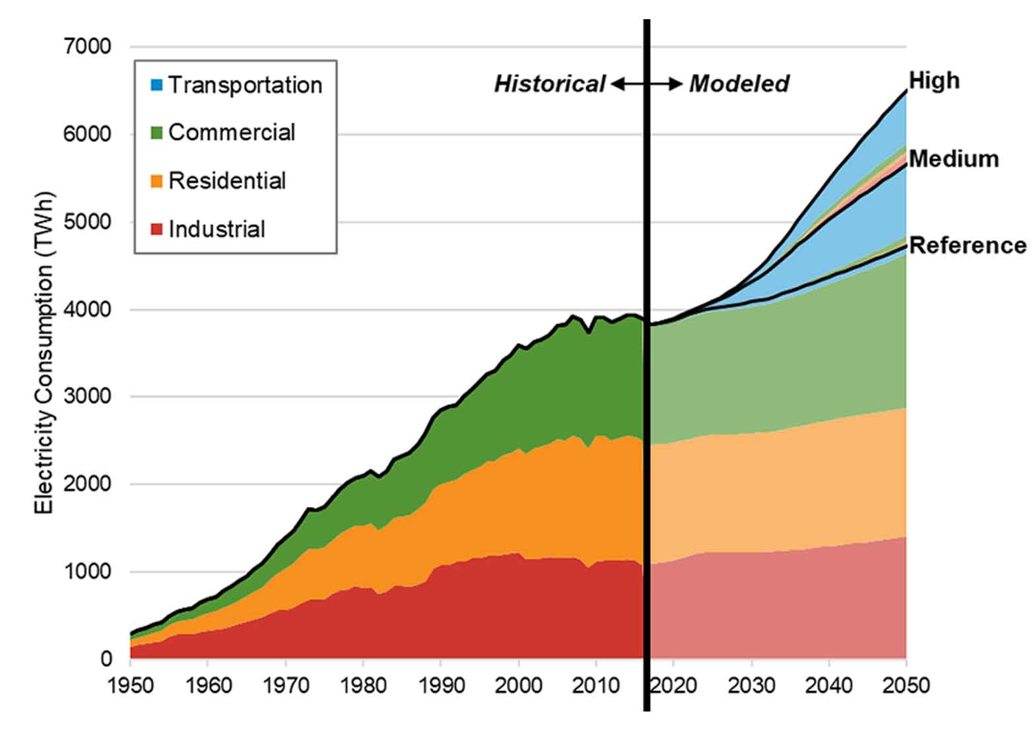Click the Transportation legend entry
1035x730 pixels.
tap(245, 85)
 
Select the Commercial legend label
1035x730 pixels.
tap(232, 133)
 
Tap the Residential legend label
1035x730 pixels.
tap(227, 181)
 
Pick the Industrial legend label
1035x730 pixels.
tap(217, 229)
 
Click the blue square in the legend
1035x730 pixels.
tap(156, 85)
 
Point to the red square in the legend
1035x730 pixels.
tap(156, 229)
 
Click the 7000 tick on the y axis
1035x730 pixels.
tap(88, 47)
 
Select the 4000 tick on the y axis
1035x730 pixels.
tap(88, 309)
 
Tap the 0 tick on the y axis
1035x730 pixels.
tap(106, 659)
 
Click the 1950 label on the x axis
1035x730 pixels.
tap(131, 686)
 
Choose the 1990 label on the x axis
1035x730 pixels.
tap(441, 686)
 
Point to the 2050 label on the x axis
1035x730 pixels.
tap(906, 686)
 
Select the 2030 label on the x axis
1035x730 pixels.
tap(751, 686)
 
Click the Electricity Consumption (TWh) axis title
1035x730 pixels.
tap(44, 353)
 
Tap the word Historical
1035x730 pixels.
tap(549, 84)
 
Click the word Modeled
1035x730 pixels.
tap(739, 84)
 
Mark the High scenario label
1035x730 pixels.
tap(933, 81)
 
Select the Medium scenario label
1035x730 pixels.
tap(953, 159)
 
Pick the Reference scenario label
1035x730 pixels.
tap(967, 246)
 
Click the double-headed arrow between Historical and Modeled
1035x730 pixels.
tap(646, 84)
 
